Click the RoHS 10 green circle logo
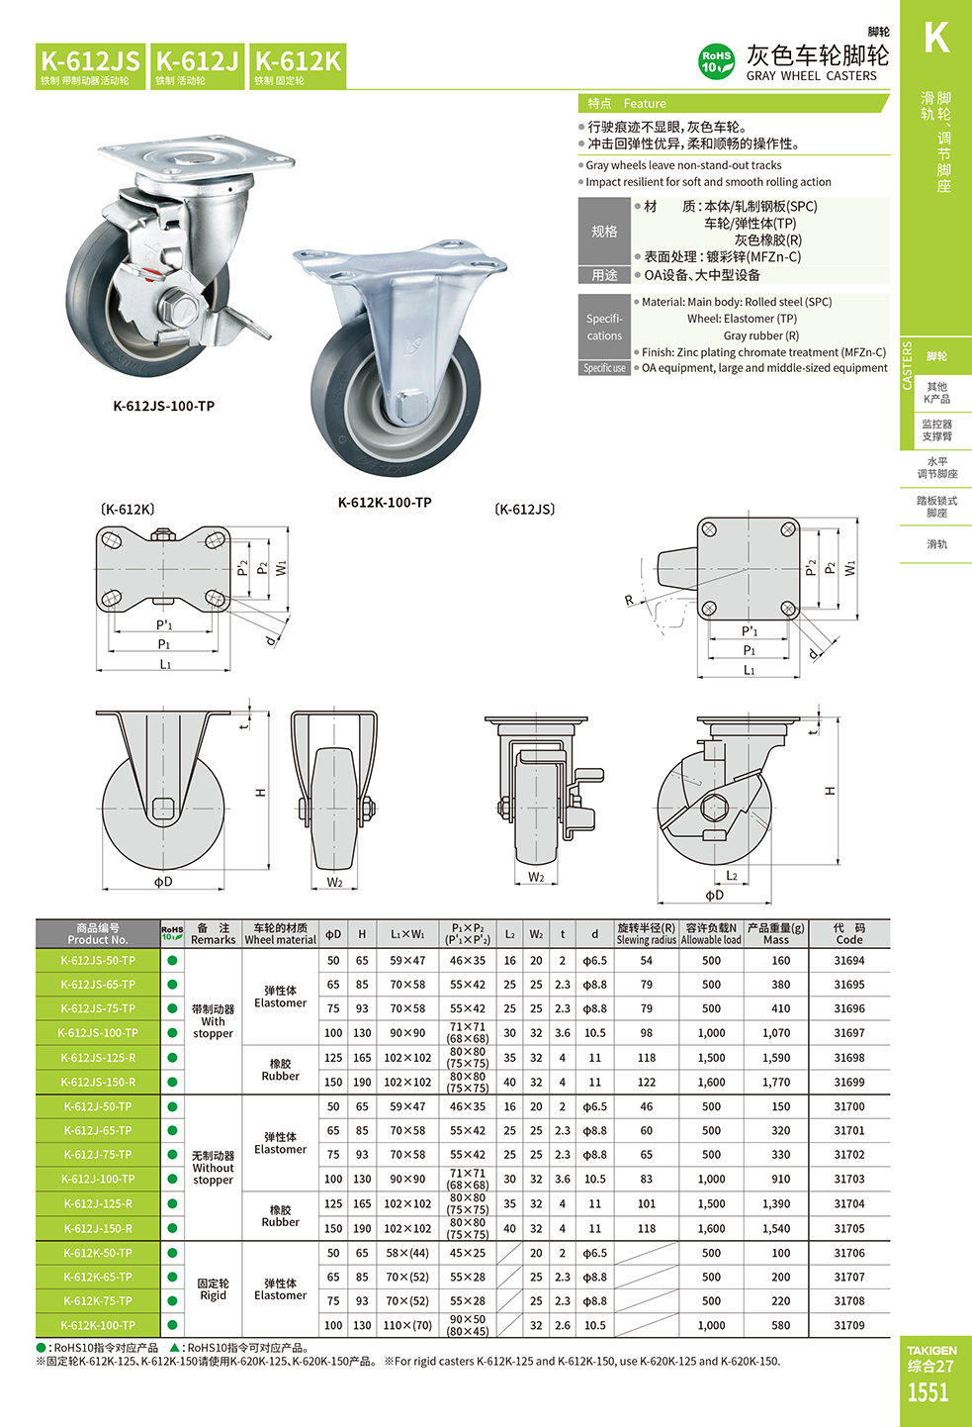[716, 61]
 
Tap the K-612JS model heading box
[90, 66]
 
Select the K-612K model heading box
[298, 66]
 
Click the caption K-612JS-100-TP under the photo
[164, 406]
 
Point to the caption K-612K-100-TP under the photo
[385, 503]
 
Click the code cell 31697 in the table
[848, 1033]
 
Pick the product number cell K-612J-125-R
[98, 1204]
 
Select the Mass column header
[776, 934]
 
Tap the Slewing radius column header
[646, 934]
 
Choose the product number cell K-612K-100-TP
[98, 1326]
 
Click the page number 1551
[928, 1393]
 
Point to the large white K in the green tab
[935, 39]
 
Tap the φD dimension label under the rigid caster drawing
[163, 882]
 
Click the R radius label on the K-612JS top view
[629, 601]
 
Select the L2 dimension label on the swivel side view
[732, 876]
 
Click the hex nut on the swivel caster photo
[182, 311]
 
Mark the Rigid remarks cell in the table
[213, 1289]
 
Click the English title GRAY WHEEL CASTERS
[811, 76]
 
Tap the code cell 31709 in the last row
[848, 1326]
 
